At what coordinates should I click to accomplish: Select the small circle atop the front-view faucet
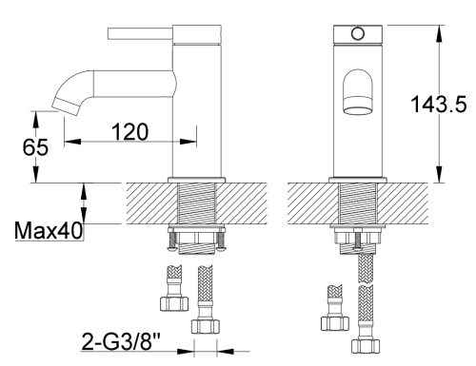point(357,33)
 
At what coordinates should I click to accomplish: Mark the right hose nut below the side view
point(206,324)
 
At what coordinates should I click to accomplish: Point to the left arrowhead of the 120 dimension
point(69,144)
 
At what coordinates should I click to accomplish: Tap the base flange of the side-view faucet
point(198,178)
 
